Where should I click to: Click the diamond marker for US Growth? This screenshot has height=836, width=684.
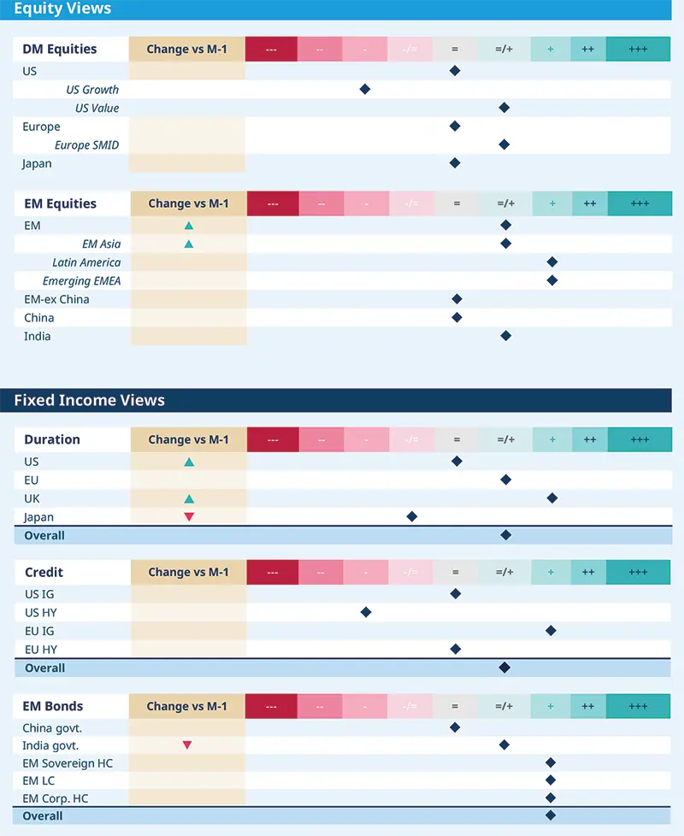365,89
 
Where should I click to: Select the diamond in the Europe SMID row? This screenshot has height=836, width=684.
504,144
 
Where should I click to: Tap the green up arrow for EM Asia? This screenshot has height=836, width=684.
189,244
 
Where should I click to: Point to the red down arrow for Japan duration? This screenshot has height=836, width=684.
189,517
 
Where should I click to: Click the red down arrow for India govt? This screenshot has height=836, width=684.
187,745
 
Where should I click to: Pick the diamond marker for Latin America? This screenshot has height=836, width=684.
551,262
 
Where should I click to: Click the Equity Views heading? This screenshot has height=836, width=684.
62,9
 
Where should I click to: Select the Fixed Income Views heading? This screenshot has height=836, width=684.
89,400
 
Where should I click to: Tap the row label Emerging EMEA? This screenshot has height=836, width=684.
81,281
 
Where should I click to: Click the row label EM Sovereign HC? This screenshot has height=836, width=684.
68,762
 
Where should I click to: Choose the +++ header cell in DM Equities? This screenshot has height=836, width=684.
638,49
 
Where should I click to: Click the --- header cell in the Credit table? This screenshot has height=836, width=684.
271,573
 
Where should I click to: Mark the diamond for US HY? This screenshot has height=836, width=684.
366,612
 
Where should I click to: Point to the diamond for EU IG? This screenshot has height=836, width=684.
551,631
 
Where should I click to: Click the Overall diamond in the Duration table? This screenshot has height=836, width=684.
505,535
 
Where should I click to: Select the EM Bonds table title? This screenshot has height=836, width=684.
54,706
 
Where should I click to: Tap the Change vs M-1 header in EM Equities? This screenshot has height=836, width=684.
188,203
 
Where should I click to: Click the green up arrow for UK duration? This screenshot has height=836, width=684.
189,498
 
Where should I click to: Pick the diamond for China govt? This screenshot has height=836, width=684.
455,727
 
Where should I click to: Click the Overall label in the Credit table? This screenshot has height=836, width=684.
44,668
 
